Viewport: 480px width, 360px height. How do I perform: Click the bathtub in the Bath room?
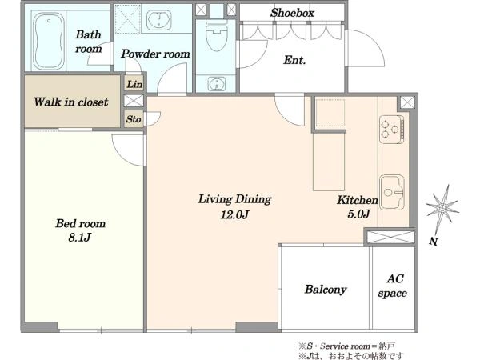pos(49,41)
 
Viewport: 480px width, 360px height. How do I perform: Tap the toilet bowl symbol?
pos(217,36)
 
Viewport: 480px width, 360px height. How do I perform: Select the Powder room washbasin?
pos(159,20)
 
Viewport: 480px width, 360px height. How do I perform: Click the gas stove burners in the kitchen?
pos(391,130)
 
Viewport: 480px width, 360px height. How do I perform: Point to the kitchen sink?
pos(392,192)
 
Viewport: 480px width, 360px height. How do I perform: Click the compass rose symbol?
pos(442,209)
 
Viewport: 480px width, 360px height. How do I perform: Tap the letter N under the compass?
pos(433,242)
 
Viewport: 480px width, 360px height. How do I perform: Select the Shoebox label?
pos(292,13)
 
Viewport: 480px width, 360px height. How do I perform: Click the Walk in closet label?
pos(71,102)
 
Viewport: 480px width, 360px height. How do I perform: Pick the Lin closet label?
pos(134,84)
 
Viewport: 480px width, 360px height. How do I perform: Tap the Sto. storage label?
pos(134,118)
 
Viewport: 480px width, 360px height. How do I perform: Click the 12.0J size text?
pos(234,214)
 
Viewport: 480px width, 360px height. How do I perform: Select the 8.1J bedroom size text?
pos(79,238)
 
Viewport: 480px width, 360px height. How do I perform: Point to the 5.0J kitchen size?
pos(358,214)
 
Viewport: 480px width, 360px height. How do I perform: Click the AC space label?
pos(393,286)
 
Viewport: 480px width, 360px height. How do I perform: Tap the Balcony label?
pos(326,290)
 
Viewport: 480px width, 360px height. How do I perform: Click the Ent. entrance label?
pos(294,60)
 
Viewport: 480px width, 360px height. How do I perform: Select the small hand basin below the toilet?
pos(217,83)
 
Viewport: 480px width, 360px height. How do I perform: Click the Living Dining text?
pos(234,199)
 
